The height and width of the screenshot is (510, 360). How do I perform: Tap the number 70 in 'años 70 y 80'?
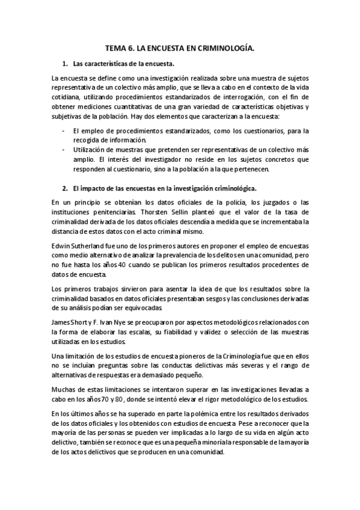click(94, 401)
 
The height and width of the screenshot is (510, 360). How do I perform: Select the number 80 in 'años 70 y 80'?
click(113, 401)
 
